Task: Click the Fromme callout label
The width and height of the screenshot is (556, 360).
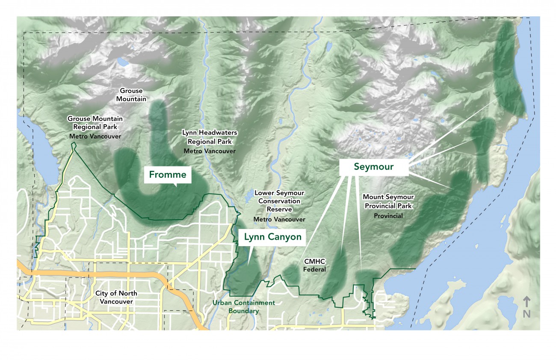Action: point(167,175)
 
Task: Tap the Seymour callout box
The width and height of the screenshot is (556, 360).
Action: point(373,167)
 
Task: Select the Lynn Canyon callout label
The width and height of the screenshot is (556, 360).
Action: point(272,237)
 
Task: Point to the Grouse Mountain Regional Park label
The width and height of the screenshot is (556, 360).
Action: point(95,123)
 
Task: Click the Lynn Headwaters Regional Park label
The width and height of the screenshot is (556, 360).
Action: point(210,137)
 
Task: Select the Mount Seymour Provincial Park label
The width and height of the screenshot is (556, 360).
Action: point(388,201)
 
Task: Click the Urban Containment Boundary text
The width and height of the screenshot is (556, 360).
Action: point(244,307)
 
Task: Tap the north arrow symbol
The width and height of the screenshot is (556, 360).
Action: point(526,301)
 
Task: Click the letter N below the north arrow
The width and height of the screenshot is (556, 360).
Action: point(526,313)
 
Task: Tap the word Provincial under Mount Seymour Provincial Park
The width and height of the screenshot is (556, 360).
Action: point(388,216)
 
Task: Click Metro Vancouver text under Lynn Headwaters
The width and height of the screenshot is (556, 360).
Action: point(210,151)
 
